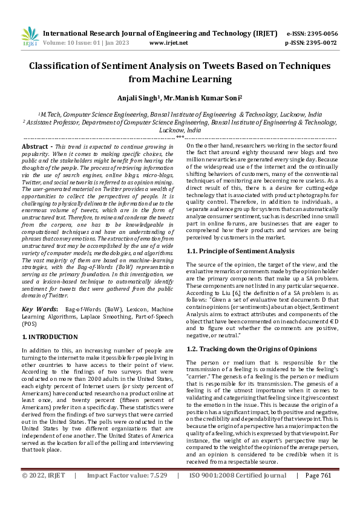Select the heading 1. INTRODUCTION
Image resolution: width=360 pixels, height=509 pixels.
tap(50, 337)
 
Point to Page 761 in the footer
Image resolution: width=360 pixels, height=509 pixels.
tap(318, 493)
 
